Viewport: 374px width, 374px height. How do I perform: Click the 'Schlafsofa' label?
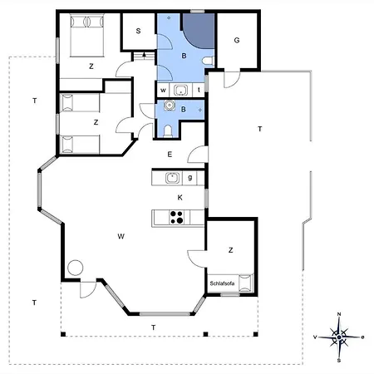(222, 283)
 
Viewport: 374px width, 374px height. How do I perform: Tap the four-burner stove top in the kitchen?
(176, 217)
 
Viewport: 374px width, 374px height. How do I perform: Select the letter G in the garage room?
(237, 40)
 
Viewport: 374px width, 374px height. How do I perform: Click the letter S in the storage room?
(138, 31)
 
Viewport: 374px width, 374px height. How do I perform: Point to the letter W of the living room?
(121, 236)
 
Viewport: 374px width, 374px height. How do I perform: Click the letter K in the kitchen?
(180, 198)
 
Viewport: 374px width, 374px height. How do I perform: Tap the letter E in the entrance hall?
(170, 155)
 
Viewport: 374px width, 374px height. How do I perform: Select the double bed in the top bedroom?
(87, 35)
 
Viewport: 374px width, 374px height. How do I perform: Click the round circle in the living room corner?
(76, 268)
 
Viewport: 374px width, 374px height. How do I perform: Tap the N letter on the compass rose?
(339, 314)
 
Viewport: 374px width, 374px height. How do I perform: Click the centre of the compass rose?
(339, 337)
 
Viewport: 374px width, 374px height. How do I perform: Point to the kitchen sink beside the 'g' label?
(172, 178)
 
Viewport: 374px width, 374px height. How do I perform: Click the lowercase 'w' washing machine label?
(163, 90)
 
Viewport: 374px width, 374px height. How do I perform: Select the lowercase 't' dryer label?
(199, 90)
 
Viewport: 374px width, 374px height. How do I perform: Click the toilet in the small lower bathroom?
(168, 131)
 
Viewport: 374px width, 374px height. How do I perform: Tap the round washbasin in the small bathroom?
(169, 106)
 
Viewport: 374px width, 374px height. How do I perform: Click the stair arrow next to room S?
(144, 56)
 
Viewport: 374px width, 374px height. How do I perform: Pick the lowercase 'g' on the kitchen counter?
(189, 178)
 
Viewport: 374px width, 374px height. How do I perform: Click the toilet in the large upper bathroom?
(208, 61)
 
